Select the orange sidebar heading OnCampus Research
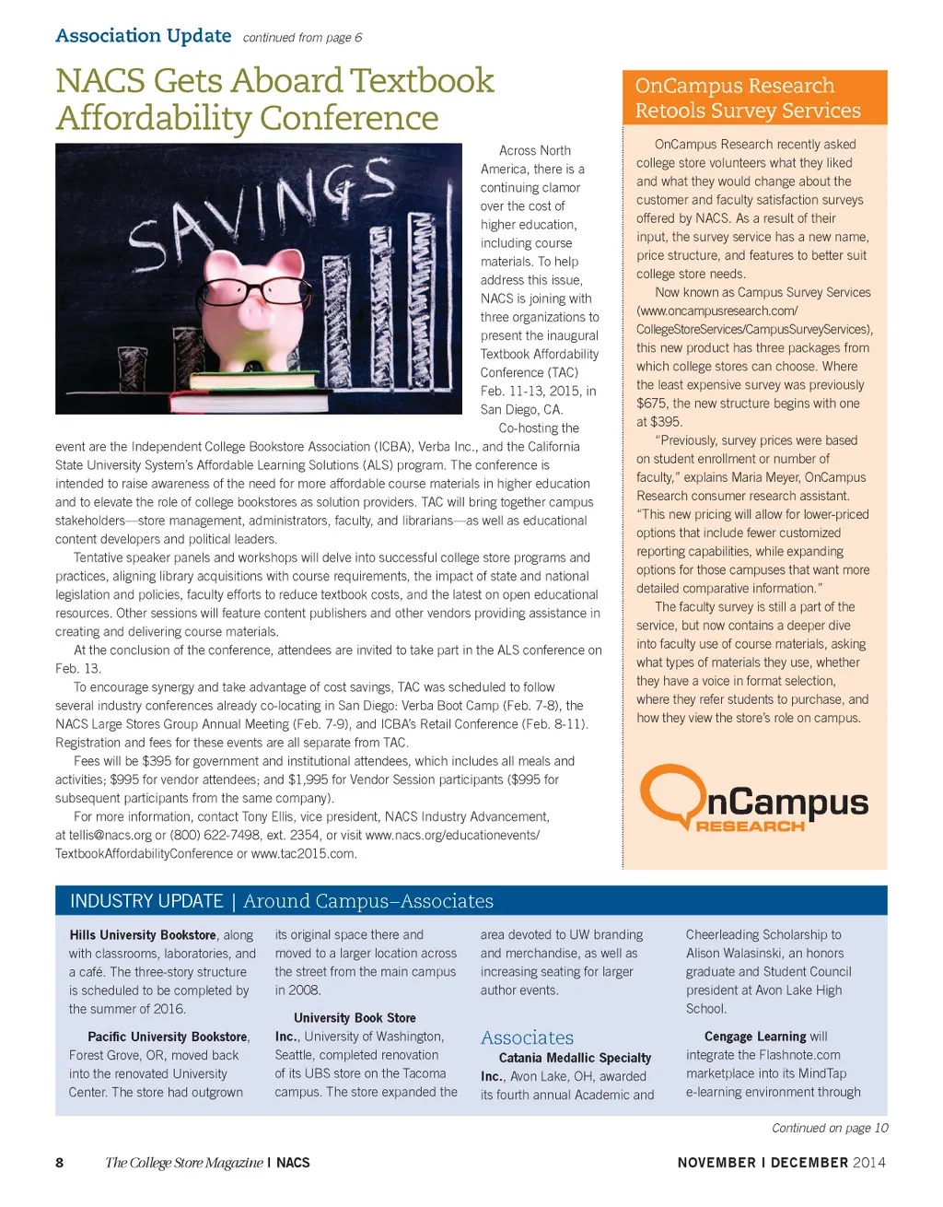734,86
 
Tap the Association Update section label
143,36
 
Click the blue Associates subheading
527,1037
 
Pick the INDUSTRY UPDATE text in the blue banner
146,901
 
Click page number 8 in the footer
60,1163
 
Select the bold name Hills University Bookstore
143,934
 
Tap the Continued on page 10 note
829,1128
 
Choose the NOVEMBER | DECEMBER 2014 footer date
781,1163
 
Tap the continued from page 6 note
302,38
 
